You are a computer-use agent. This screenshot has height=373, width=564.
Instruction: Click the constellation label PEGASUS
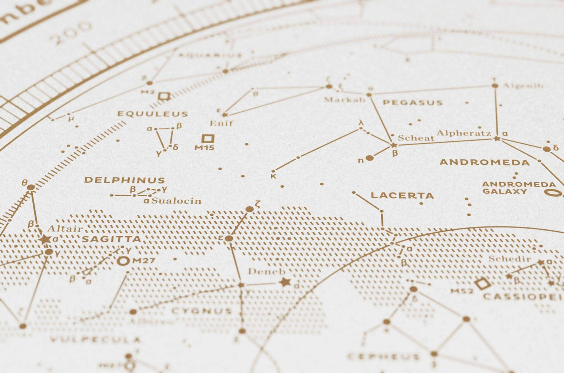coord(412,103)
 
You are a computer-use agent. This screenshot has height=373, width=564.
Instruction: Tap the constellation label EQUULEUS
coord(152,114)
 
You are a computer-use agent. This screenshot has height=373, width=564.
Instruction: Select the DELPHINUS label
coord(124,180)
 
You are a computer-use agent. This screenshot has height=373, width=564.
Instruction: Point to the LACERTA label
coord(402,196)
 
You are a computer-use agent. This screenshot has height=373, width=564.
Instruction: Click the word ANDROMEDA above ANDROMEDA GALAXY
coord(485,162)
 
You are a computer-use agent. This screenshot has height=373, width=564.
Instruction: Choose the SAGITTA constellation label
coord(111,239)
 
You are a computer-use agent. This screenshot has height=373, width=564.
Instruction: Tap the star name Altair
coord(65,229)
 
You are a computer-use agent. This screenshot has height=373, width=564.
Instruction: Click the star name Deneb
coord(266,271)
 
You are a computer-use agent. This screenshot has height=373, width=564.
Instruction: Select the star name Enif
coord(221,123)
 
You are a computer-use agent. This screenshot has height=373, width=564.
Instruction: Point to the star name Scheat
coord(416,138)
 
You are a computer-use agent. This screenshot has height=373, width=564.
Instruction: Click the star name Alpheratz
coord(464,133)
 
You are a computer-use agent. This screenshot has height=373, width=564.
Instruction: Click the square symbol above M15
coord(208,138)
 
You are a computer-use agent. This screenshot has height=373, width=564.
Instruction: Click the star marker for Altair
coord(45,239)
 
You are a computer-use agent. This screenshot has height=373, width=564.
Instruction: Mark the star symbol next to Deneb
coord(285,282)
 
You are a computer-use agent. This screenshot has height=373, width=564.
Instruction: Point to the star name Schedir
coord(509,259)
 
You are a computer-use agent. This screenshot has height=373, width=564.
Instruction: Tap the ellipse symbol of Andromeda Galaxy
coord(554,193)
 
